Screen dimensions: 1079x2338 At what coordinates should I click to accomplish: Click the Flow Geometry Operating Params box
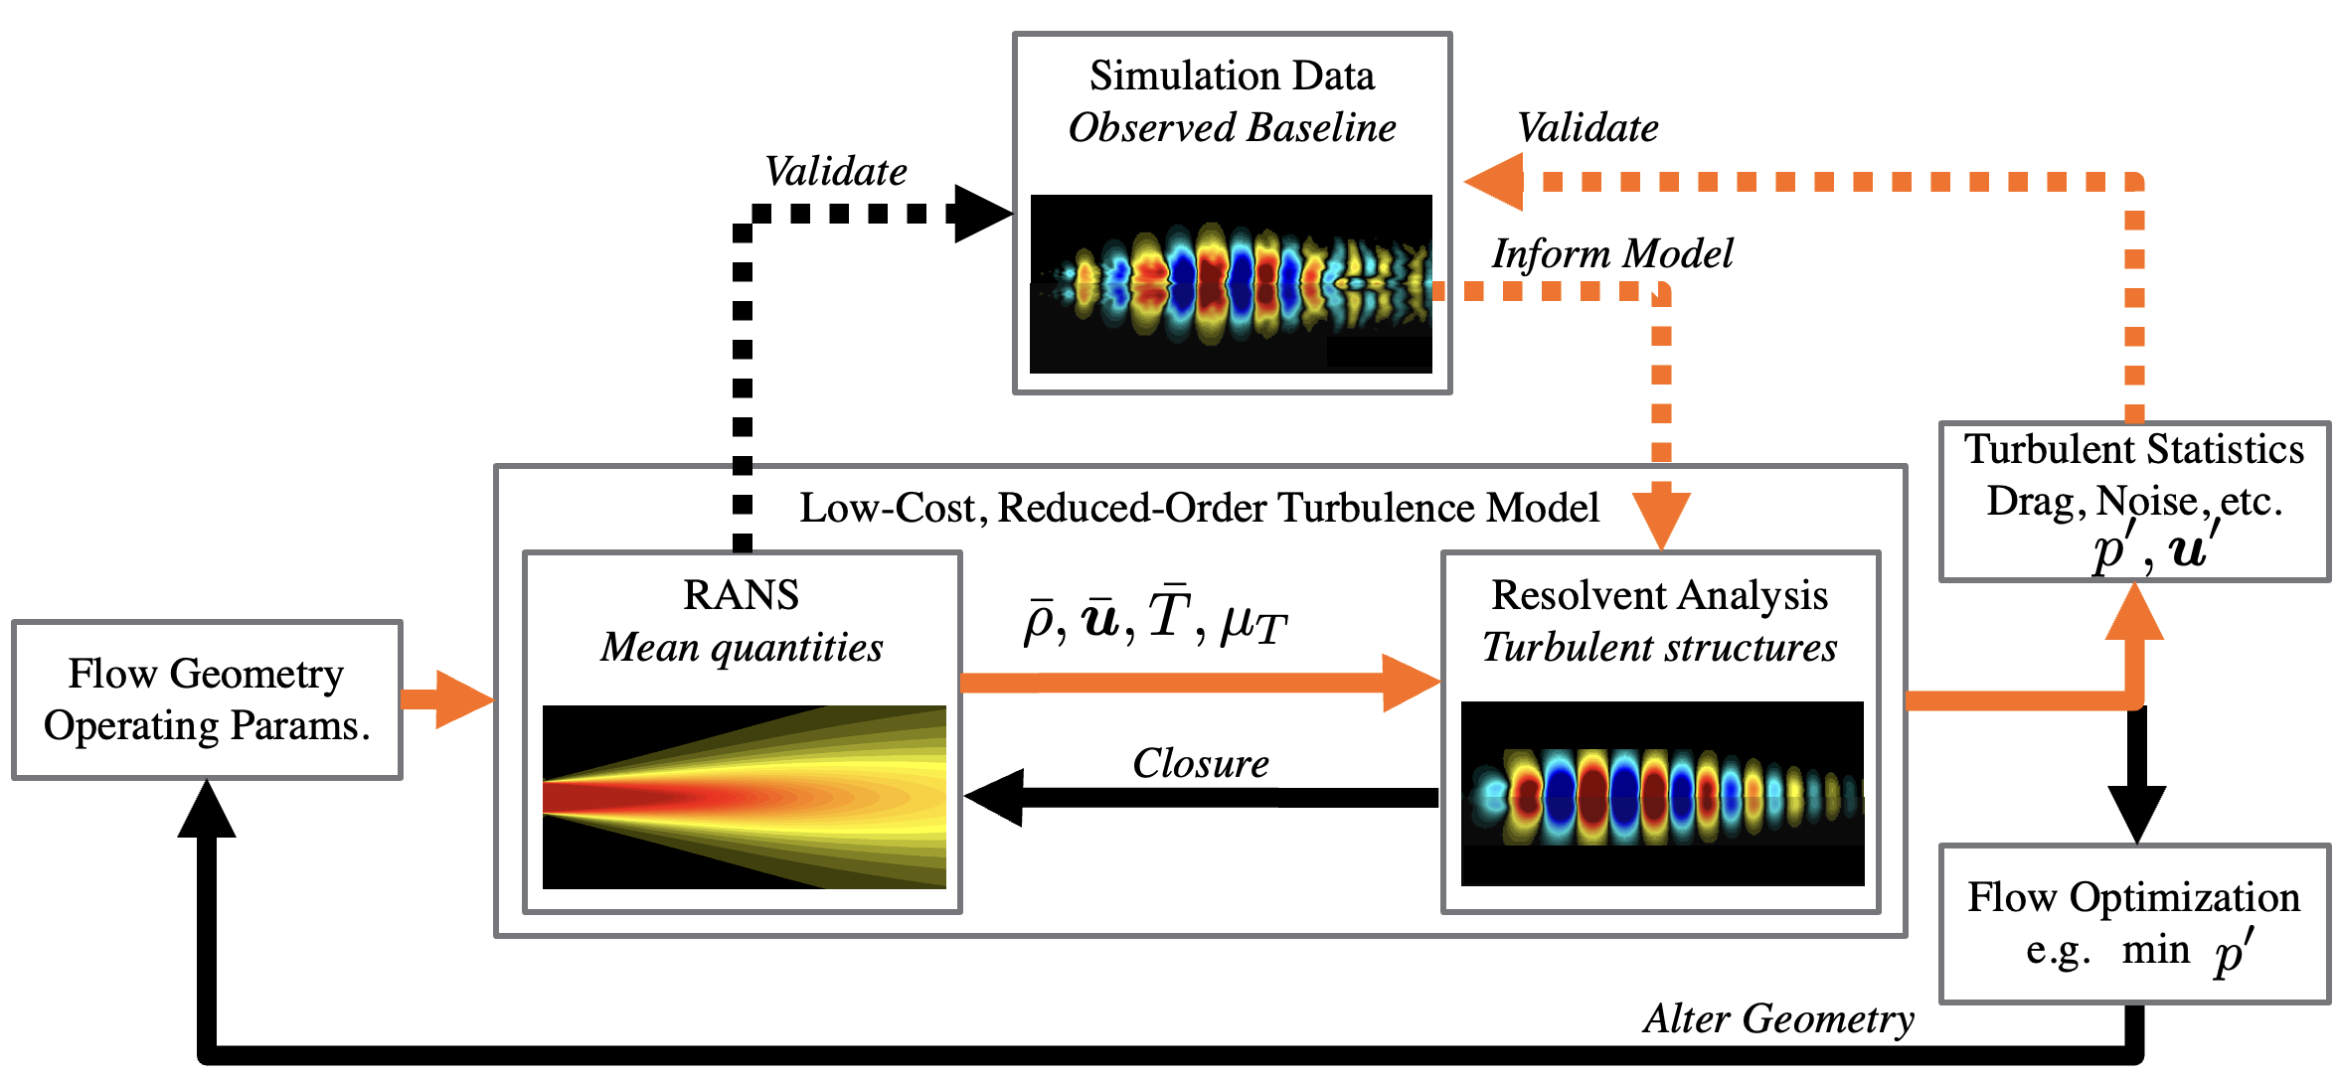click(207, 699)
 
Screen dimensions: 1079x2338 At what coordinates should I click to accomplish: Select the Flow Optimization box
click(2133, 924)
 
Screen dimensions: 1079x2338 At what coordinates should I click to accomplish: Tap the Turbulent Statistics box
click(2133, 501)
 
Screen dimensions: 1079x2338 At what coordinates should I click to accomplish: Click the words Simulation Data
click(1232, 77)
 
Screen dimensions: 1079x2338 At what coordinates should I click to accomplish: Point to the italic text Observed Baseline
click(1232, 128)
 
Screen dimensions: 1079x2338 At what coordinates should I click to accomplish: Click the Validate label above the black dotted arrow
click(835, 172)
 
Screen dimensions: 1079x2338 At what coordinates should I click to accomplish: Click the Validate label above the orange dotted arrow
click(1587, 128)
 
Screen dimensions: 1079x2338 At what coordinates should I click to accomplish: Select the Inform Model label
click(1611, 254)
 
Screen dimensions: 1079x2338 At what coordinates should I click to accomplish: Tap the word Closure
click(1200, 764)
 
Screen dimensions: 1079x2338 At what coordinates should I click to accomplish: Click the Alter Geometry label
click(1778, 1019)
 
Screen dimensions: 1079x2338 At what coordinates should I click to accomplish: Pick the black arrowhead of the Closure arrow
click(994, 797)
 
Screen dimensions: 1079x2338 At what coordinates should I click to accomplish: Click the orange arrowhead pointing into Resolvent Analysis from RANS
click(1412, 683)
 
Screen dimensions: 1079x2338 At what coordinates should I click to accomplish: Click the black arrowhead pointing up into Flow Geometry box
click(207, 810)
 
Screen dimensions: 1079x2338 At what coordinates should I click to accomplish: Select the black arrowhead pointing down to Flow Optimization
click(2137, 815)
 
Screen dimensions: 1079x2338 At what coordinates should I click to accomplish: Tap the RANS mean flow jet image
click(744, 797)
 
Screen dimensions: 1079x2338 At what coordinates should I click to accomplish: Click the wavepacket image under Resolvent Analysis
click(1662, 793)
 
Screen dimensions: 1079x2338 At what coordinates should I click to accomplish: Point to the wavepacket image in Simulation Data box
click(1231, 283)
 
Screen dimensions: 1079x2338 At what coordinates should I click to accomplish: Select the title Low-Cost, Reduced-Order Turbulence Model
click(1199, 508)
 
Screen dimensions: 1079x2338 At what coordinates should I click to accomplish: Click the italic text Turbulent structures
click(1659, 648)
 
